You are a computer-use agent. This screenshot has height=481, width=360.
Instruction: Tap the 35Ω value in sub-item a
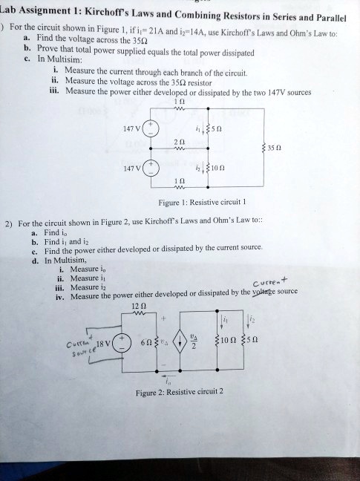coord(130,44)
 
